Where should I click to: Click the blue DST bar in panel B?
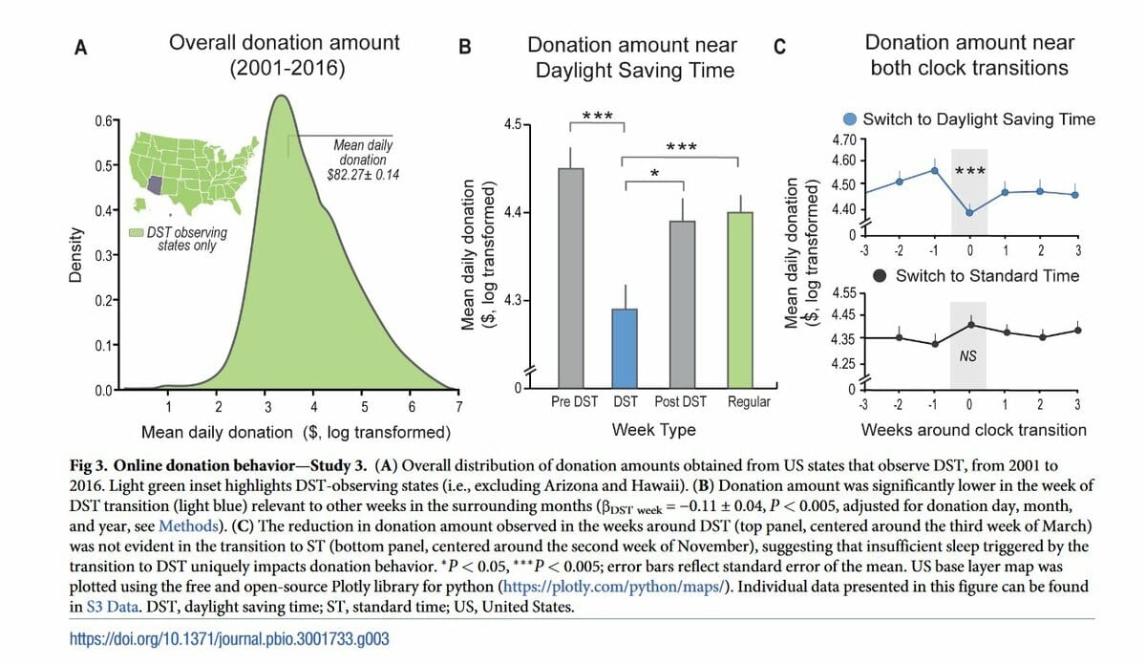625,348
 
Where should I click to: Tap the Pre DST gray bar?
571,277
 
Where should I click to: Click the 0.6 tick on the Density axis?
102,119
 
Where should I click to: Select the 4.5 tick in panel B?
512,124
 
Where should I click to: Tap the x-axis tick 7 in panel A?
459,408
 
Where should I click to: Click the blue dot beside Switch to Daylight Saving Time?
849,119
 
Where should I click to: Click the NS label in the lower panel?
968,356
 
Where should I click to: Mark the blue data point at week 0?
969,212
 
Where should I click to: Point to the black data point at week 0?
969,325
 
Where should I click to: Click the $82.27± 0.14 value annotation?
363,175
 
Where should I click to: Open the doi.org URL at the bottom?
230,638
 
